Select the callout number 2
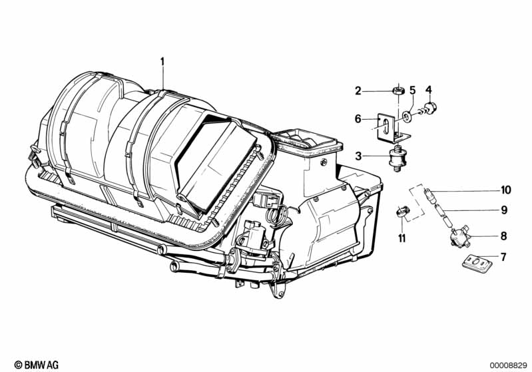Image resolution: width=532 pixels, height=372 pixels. pyautogui.click(x=358, y=91)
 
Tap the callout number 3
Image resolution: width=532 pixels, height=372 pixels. pyautogui.click(x=358, y=156)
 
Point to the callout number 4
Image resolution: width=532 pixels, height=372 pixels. pyautogui.click(x=429, y=89)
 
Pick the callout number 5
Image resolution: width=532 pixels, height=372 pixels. pyautogui.click(x=412, y=90)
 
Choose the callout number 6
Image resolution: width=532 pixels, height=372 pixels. pyautogui.click(x=358, y=118)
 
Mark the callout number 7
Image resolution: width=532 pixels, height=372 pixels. pyautogui.click(x=504, y=256)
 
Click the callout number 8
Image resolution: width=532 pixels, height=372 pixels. pyautogui.click(x=504, y=236)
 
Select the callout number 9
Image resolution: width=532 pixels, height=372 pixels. pyautogui.click(x=504, y=210)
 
